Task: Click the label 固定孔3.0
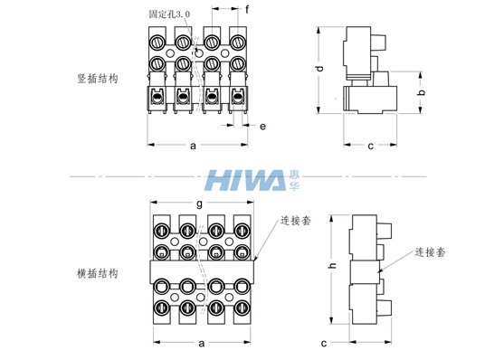point(169,14)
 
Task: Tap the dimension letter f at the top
point(247,10)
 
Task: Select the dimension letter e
point(262,127)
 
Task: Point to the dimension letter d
point(319,69)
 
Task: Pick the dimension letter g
point(199,204)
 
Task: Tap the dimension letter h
point(333,265)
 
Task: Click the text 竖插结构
point(98,79)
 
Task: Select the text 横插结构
point(98,273)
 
